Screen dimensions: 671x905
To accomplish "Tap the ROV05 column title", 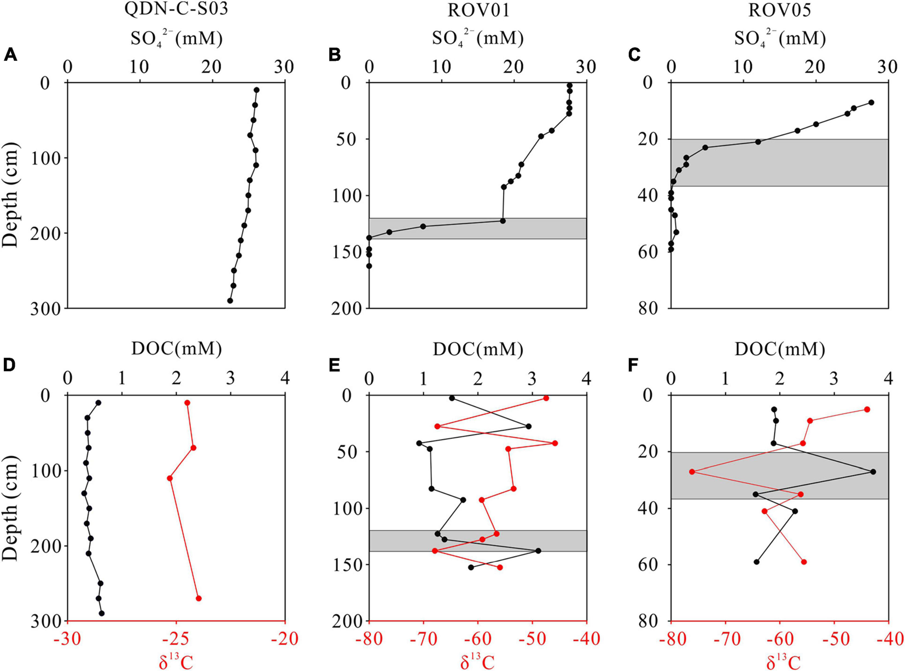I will click(x=779, y=11).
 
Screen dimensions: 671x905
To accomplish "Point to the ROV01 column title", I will click(x=477, y=11).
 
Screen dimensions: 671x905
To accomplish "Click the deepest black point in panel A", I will click(x=230, y=300).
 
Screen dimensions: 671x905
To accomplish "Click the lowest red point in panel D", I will click(x=198, y=598).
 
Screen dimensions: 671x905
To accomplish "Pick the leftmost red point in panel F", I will click(x=692, y=471).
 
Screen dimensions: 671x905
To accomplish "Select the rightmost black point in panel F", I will click(x=873, y=471).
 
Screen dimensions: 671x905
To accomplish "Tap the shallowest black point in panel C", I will click(x=871, y=102).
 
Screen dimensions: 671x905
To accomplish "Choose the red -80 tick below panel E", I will click(x=369, y=638).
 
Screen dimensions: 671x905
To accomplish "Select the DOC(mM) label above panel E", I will click(x=478, y=349).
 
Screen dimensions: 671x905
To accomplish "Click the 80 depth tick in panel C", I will click(x=652, y=308).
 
